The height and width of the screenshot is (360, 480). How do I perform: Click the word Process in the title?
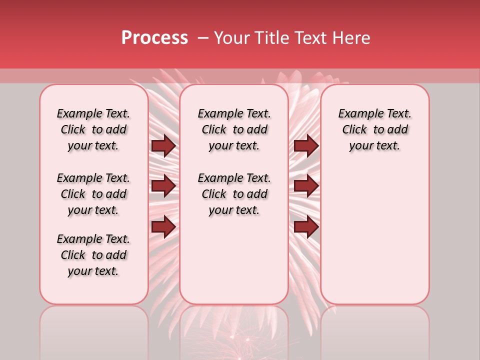tap(154, 38)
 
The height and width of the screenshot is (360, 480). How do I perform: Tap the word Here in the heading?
tap(352, 38)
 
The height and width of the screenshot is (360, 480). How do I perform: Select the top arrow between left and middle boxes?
tap(163, 146)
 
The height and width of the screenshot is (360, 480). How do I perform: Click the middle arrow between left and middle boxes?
tap(163, 186)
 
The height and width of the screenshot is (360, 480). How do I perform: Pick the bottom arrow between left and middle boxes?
tap(163, 227)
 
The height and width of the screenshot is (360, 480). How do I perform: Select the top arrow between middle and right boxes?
tap(306, 146)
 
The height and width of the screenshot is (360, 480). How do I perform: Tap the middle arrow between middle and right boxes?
tap(306, 186)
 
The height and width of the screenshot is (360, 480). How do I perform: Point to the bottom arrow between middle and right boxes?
tap(306, 227)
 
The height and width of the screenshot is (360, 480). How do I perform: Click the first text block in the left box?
tap(93, 129)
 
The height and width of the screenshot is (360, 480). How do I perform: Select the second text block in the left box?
tap(93, 194)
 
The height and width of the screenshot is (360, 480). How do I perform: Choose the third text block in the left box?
tap(93, 255)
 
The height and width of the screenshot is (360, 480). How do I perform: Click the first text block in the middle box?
tap(234, 129)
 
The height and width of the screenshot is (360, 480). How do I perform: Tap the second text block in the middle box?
tap(234, 194)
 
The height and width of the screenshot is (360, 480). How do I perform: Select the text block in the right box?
tap(375, 129)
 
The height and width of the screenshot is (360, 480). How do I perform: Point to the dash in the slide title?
tap(202, 38)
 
